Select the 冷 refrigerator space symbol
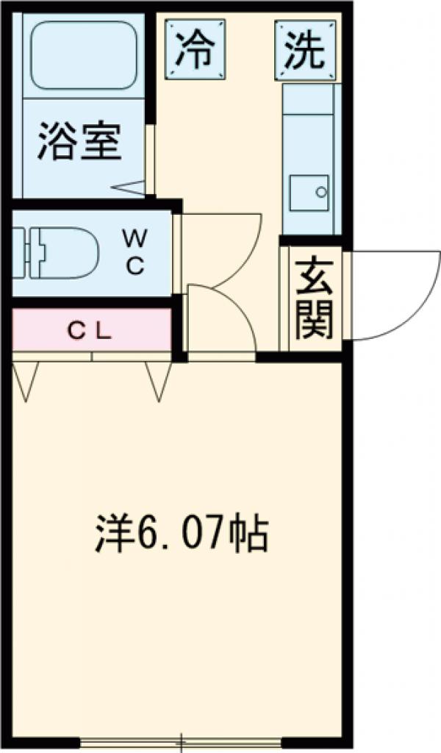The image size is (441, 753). [x=195, y=50]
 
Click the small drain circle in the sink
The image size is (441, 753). [x=321, y=192]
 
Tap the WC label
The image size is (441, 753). [x=135, y=252]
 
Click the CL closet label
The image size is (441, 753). [x=90, y=331]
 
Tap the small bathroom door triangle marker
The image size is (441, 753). [x=132, y=188]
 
